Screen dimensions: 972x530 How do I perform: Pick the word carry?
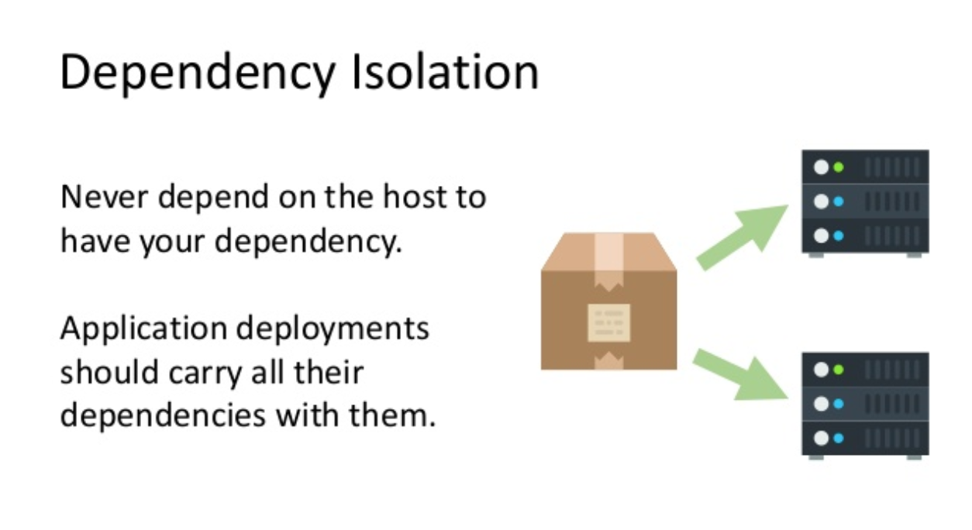click(209, 373)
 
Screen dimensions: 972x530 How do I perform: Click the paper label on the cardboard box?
click(609, 322)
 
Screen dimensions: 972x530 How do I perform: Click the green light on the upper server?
click(839, 167)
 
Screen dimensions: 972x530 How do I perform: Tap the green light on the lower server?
click(839, 370)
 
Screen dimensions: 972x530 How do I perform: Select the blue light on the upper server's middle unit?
click(839, 201)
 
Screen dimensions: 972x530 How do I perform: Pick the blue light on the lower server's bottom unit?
click(839, 438)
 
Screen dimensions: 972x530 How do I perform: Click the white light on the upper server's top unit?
click(821, 167)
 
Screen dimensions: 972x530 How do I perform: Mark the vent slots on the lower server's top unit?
click(891, 370)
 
